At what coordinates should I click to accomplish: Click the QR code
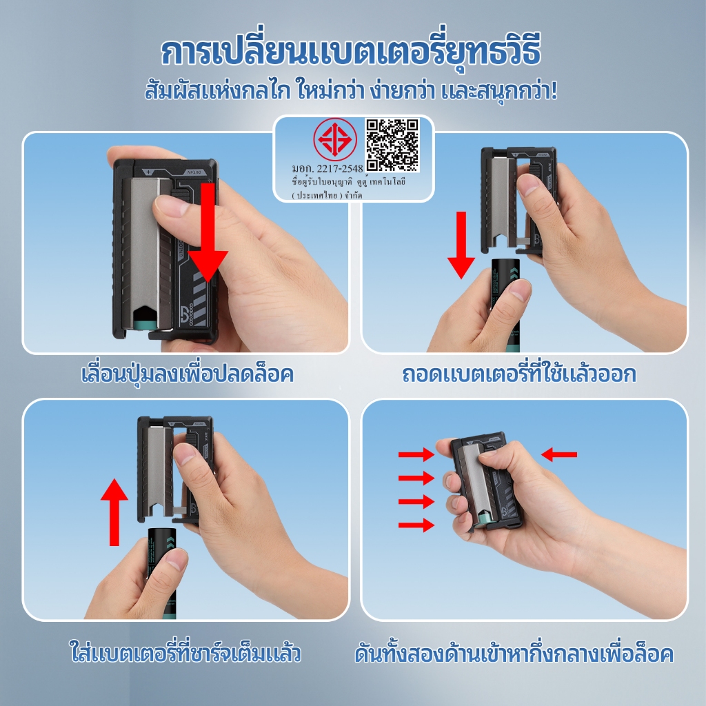pyautogui.click(x=392, y=145)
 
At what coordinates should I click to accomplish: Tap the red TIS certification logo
pyautogui.click(x=335, y=139)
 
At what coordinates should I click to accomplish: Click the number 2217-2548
pyautogui.click(x=340, y=168)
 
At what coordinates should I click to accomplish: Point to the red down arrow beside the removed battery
pyautogui.click(x=461, y=245)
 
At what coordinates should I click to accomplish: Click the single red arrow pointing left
pyautogui.click(x=558, y=454)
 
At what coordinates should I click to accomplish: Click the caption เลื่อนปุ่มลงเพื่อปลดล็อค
pyautogui.click(x=188, y=374)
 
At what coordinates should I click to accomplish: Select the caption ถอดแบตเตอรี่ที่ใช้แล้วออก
pyautogui.click(x=519, y=374)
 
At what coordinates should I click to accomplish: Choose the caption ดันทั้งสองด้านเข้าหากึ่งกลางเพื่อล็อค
pyautogui.click(x=514, y=654)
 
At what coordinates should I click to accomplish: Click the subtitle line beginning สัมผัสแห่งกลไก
pyautogui.click(x=351, y=90)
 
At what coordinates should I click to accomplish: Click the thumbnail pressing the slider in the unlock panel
pyautogui.click(x=171, y=206)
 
